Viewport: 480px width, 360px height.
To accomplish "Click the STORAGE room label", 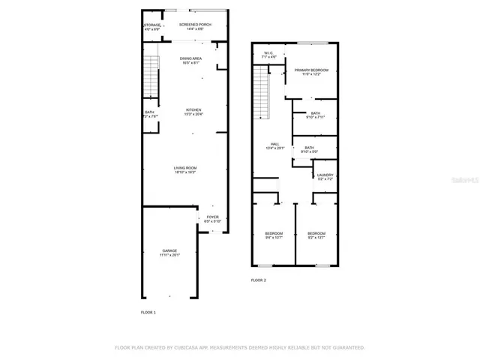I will (152, 25).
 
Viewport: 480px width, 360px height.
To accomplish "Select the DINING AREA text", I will (190, 58).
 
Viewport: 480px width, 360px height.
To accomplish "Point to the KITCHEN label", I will (193, 109).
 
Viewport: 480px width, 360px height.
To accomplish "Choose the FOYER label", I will (213, 217).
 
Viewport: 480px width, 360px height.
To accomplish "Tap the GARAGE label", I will (169, 250).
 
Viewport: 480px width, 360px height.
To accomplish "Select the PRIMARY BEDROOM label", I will (311, 70).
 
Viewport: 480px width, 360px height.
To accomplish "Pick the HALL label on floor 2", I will (275, 144).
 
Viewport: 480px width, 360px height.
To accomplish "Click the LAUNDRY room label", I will (325, 175).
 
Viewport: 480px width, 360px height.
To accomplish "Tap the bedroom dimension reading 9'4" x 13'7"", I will (273, 238).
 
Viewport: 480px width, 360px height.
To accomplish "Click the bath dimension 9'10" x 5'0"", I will (309, 151).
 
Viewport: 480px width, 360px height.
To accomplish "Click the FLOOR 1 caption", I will (148, 311).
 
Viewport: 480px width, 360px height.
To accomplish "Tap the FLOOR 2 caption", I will (258, 280).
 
